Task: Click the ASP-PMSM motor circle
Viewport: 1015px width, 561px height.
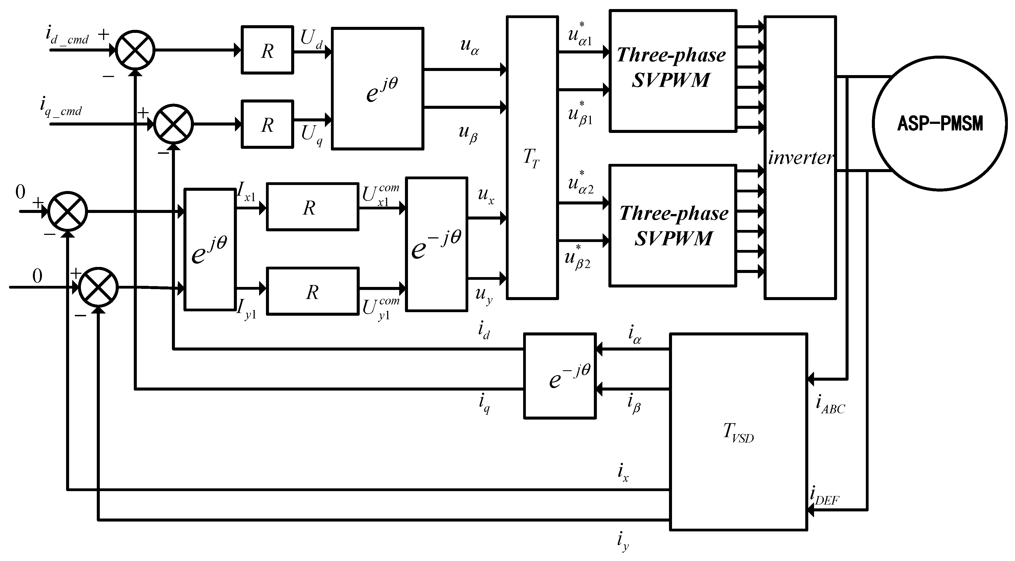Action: coord(940,123)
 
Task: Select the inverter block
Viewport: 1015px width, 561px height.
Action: coord(800,158)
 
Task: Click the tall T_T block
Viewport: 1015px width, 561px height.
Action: coord(532,158)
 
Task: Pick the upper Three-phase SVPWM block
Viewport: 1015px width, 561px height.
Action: coord(673,70)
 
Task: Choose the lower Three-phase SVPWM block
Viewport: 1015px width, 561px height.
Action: coord(673,225)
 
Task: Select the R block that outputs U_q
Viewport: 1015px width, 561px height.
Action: coord(267,124)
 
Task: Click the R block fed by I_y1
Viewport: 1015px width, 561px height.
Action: coord(313,291)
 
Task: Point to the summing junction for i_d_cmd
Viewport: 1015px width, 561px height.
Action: coord(135,50)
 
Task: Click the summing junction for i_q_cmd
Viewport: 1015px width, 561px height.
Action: coord(173,124)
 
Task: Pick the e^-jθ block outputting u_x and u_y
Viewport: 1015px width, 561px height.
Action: coord(436,244)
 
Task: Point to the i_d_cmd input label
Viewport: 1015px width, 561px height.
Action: coord(67,36)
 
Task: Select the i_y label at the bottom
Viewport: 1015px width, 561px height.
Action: coord(623,541)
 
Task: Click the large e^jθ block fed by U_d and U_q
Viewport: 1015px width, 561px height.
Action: coord(378,89)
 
